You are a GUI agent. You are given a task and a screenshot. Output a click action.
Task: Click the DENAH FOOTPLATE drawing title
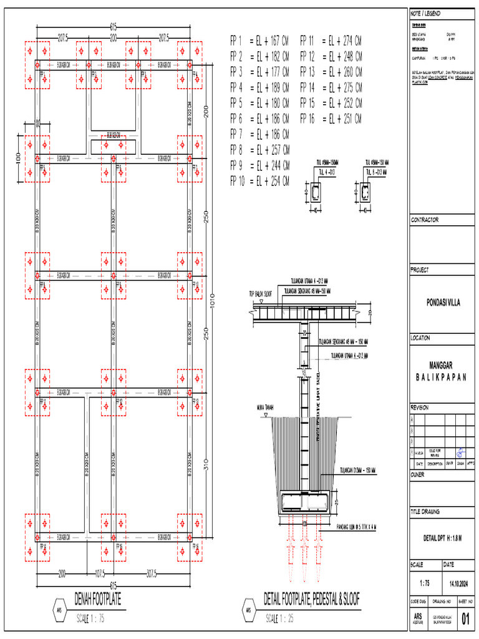pos(97,600)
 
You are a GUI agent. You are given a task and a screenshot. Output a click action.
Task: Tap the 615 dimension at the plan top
pos(113,27)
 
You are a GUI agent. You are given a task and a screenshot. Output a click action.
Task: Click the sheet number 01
pos(465,619)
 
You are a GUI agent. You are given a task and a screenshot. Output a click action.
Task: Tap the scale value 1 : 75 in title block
pos(425,583)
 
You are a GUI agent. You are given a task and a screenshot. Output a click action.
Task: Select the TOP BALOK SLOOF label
pos(261,293)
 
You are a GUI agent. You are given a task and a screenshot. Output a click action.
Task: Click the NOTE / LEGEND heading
pos(425,13)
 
